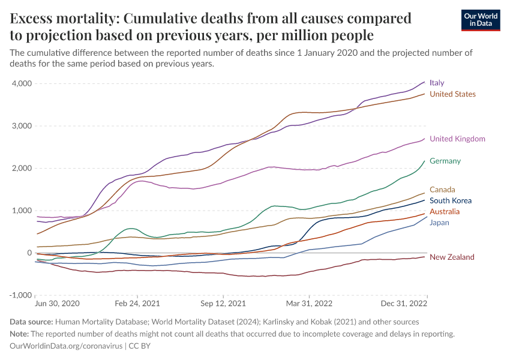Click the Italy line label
coord(437,83)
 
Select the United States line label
coord(452,94)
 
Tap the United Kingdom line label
coord(457,139)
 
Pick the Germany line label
coord(445,161)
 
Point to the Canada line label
coord(442,190)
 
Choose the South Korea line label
coord(451,201)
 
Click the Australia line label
coord(445,212)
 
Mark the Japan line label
coord(439,223)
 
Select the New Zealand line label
coord(452,257)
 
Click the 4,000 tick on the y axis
coord(22,83)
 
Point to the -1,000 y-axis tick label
coord(20,295)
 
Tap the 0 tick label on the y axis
coord(29,253)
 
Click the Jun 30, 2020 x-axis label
coord(58,304)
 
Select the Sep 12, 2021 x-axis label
coord(223,304)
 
